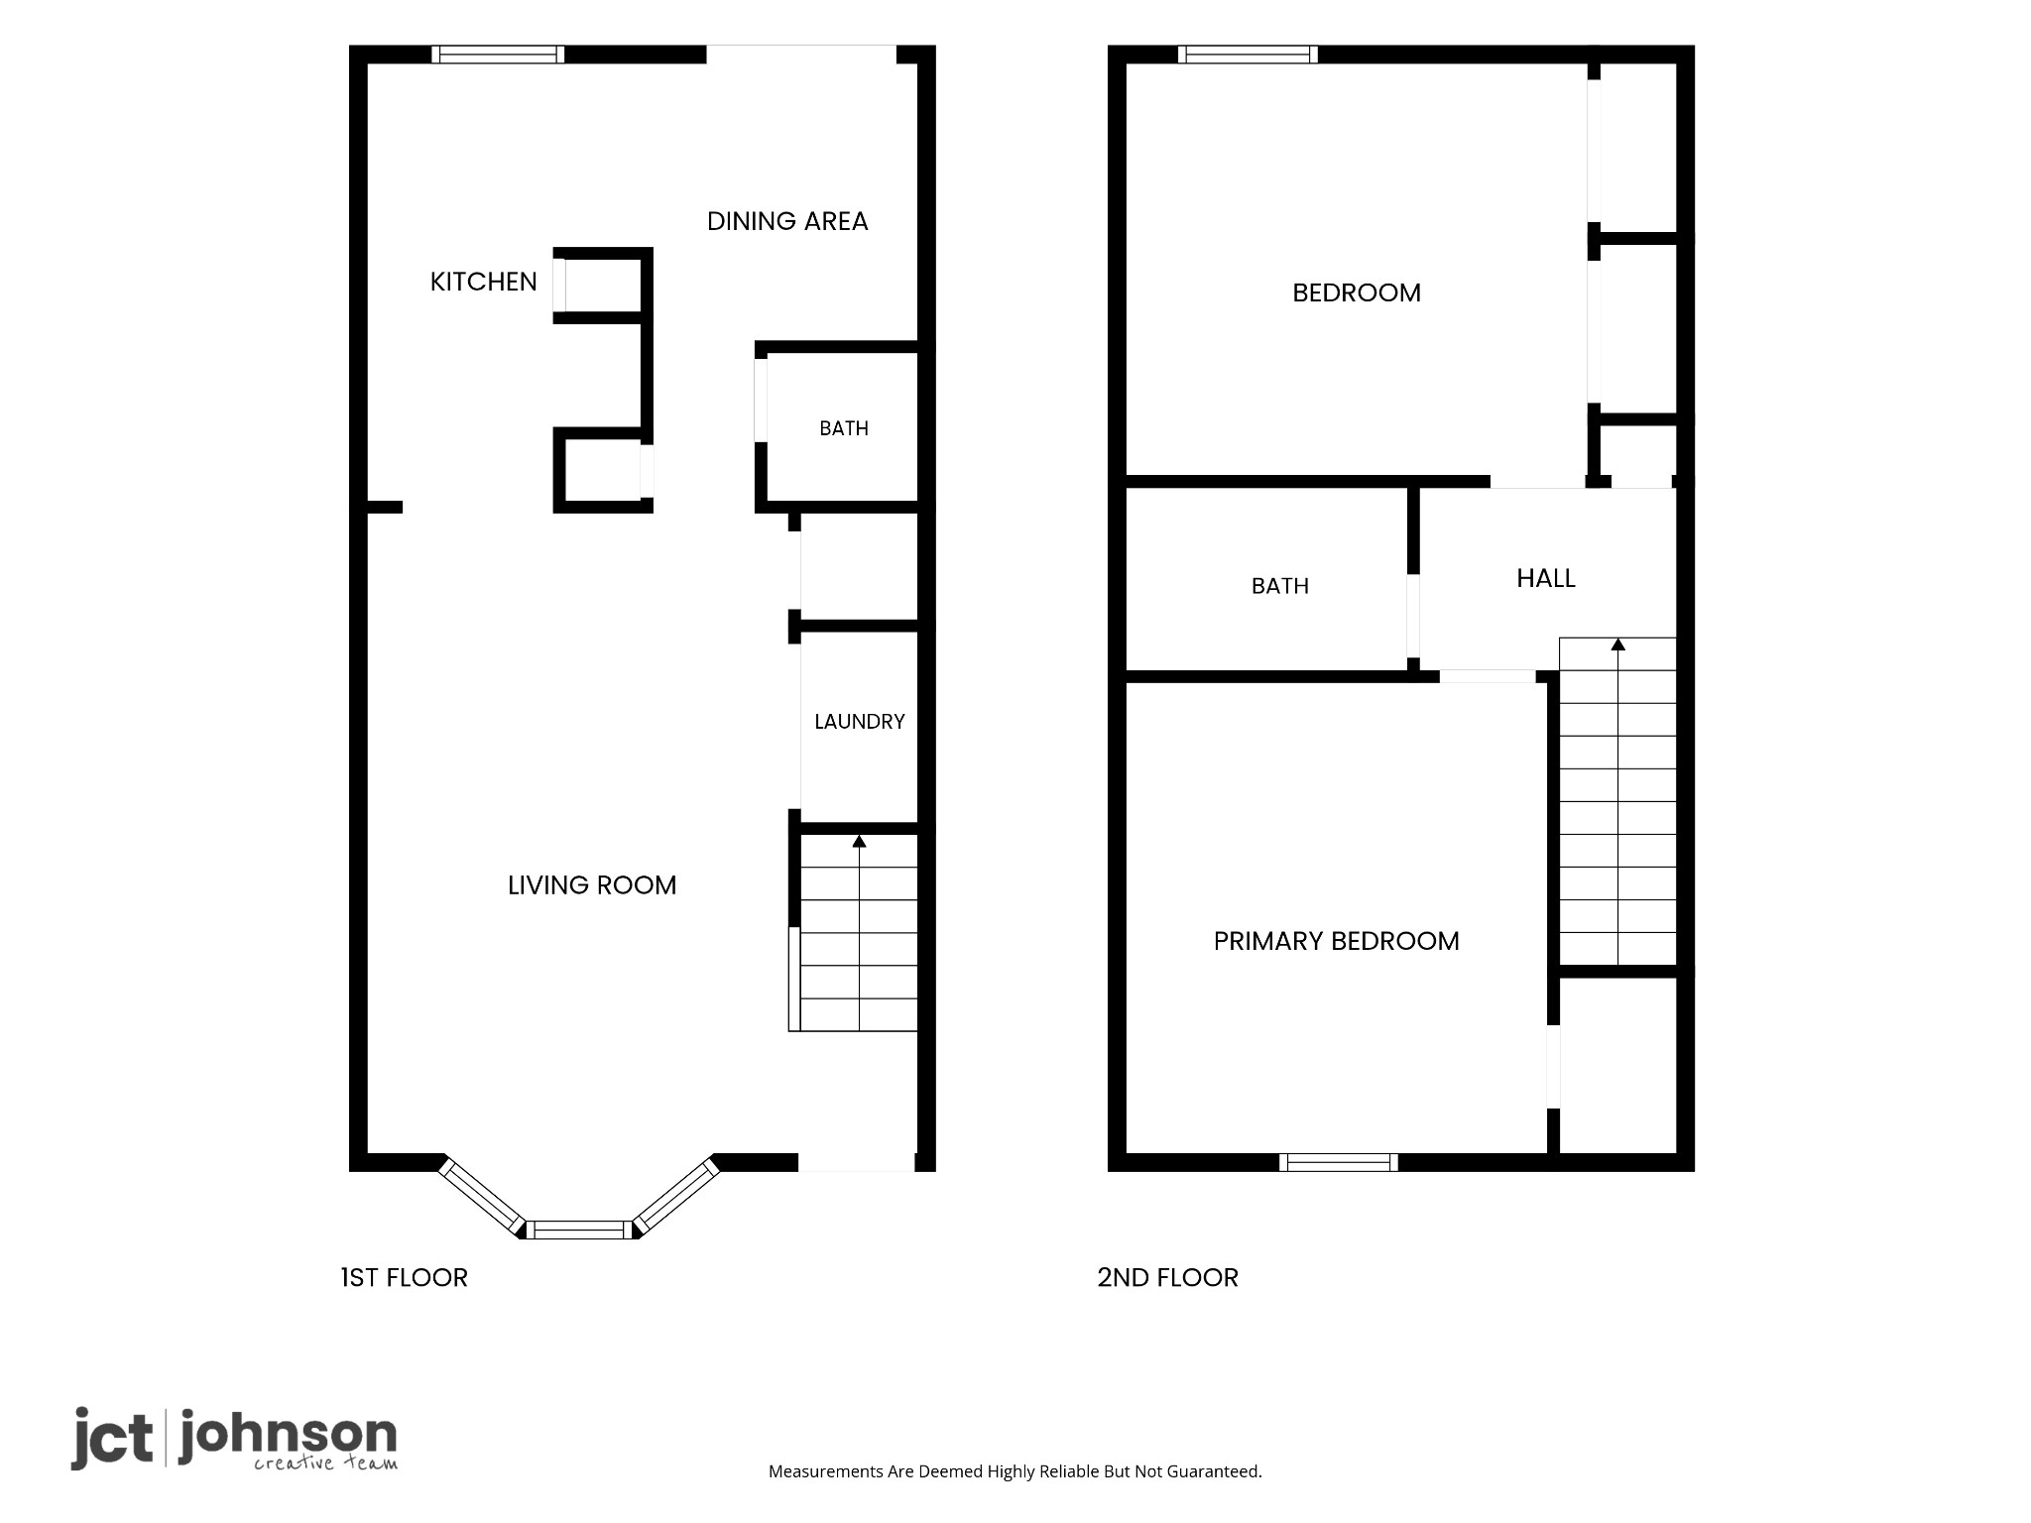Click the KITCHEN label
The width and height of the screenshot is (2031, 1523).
[x=483, y=282]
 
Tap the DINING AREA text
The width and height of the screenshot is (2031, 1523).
[x=787, y=221]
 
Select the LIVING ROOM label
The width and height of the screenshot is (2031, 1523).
[x=592, y=885]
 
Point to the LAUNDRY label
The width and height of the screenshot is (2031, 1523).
[x=860, y=722]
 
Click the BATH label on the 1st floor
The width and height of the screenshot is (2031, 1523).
[x=844, y=428]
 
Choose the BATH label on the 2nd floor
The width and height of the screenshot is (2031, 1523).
[x=1280, y=586]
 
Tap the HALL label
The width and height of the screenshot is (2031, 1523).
[x=1546, y=578]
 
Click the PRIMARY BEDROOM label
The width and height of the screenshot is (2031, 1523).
[x=1337, y=941]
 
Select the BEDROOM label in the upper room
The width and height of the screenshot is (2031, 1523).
[x=1357, y=293]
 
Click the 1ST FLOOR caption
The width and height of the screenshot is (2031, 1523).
[x=405, y=1277]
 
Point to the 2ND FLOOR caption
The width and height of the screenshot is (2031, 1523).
[x=1168, y=1277]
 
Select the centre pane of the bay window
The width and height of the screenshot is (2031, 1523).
[x=579, y=1230]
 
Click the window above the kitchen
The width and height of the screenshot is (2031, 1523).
[x=498, y=55]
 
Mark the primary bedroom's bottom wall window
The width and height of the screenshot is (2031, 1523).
[x=1339, y=1162]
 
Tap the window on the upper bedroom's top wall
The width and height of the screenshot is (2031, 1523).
[x=1249, y=55]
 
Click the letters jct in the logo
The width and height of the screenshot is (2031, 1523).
[x=112, y=1438]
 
